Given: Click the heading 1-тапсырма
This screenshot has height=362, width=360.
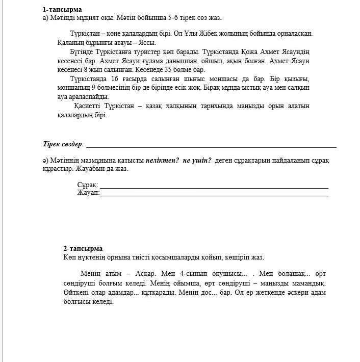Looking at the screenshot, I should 62,10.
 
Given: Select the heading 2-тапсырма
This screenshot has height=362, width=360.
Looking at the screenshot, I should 83,249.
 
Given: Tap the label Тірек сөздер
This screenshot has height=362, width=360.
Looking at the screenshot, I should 63,145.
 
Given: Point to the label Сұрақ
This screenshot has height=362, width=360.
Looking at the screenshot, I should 87,185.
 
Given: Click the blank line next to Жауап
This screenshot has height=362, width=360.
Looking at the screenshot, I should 214,193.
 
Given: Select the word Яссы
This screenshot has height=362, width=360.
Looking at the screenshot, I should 146,42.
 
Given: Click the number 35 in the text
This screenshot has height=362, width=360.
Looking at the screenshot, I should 172,70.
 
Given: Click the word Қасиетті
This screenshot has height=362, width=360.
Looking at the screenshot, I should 88,107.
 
